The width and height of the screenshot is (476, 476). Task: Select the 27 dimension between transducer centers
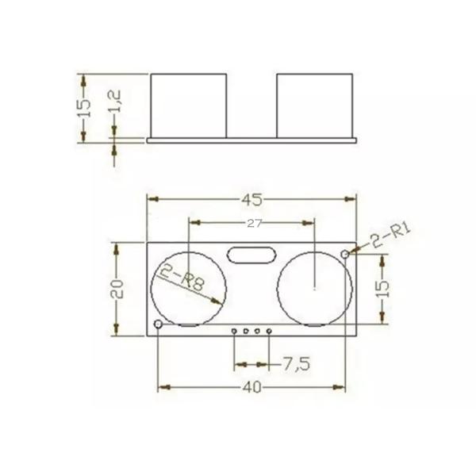tap(254, 224)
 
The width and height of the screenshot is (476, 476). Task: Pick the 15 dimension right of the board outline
tap(383, 287)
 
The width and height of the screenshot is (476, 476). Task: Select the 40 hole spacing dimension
tap(252, 387)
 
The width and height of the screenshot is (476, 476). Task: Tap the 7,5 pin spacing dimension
tap(295, 364)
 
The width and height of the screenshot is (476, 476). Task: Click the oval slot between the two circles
tap(251, 255)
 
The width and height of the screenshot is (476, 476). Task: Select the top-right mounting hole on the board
tap(345, 253)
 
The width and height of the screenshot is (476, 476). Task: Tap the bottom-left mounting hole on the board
tap(159, 324)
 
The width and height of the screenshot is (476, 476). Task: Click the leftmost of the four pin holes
tap(235, 330)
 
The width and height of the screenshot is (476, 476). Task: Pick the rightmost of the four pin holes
tap(270, 330)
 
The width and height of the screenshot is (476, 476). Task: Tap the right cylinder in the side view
tap(314, 104)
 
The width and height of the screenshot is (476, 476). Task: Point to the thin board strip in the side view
tap(252, 140)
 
